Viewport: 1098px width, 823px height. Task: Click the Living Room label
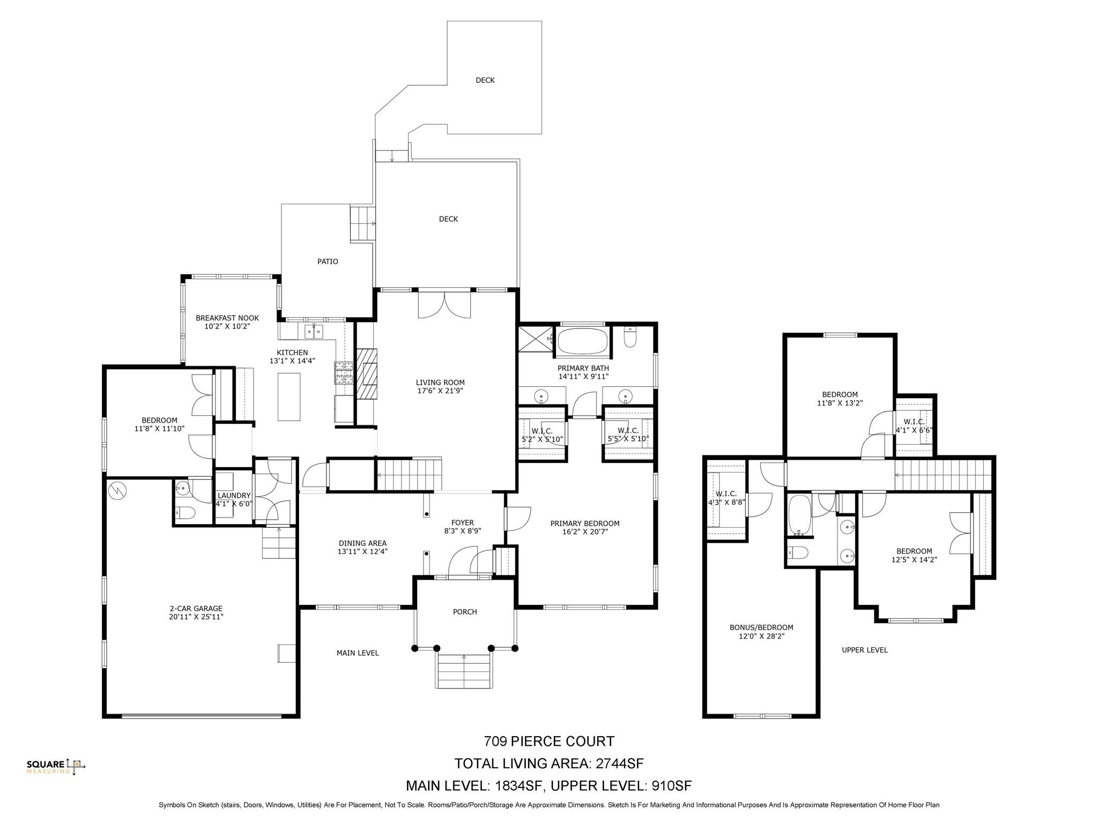point(440,383)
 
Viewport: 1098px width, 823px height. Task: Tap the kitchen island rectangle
point(289,396)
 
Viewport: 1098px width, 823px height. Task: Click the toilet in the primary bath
point(630,337)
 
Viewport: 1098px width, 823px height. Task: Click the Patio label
point(328,261)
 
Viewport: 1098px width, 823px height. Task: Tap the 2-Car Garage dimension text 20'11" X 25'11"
point(196,617)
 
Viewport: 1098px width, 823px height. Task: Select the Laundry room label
point(234,496)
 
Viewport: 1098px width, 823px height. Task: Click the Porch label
point(464,612)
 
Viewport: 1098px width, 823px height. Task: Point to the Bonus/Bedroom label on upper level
point(761,627)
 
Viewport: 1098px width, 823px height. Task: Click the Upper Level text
point(864,650)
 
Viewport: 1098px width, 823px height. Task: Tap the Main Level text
point(358,653)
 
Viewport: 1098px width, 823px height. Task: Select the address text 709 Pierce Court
point(549,742)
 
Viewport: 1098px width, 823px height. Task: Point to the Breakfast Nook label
point(227,318)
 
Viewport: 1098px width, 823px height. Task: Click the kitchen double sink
point(314,332)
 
